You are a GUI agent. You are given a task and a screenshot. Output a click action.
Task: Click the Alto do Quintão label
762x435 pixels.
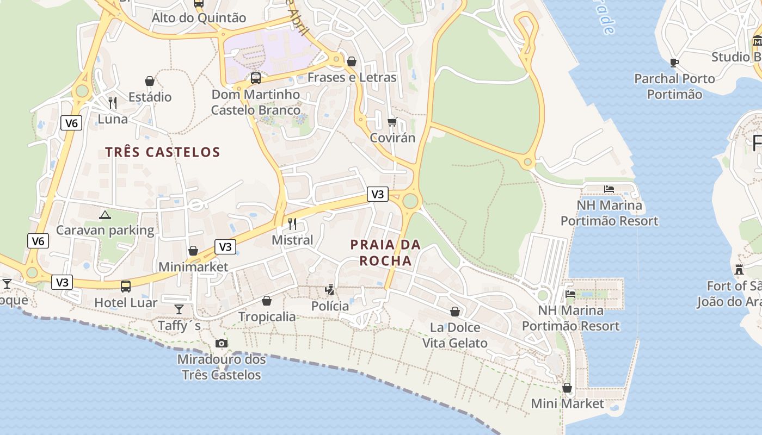click(x=199, y=18)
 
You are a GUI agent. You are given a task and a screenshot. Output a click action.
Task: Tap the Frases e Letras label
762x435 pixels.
click(x=352, y=77)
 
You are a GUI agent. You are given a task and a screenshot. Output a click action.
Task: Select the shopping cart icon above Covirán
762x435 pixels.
click(x=392, y=122)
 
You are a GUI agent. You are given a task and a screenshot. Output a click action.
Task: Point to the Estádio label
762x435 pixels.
click(x=150, y=97)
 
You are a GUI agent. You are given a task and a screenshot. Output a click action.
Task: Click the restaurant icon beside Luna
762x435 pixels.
click(x=113, y=102)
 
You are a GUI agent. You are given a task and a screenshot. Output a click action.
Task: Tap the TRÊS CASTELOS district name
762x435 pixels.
click(x=163, y=152)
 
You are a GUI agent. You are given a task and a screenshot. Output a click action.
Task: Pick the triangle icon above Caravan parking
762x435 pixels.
click(x=105, y=215)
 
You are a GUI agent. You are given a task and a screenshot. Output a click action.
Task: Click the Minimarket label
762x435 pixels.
click(x=193, y=267)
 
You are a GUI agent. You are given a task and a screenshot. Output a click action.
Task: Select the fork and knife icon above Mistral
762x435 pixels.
click(x=292, y=223)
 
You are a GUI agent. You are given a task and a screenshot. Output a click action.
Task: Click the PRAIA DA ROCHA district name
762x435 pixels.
click(x=386, y=253)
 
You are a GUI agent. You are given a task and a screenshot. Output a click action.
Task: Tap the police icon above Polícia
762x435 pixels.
click(x=329, y=289)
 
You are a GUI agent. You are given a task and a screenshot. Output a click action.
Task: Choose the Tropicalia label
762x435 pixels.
click(x=267, y=316)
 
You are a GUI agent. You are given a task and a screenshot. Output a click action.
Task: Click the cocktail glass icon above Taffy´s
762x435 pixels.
click(x=179, y=309)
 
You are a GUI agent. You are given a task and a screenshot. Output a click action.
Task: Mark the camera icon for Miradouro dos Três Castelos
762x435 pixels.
click(x=222, y=343)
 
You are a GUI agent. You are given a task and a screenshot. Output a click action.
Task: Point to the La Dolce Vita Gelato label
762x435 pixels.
click(x=455, y=335)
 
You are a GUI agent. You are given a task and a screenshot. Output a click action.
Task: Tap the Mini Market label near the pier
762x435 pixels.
click(x=567, y=403)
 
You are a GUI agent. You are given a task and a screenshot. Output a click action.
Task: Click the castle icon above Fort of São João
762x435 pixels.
click(x=739, y=269)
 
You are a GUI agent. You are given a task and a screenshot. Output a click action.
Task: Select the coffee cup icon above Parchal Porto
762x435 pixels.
click(x=674, y=63)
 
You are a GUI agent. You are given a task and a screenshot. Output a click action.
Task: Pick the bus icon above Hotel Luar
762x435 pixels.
click(x=126, y=286)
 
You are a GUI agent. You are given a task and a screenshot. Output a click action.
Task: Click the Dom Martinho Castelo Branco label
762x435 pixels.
click(x=256, y=102)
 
